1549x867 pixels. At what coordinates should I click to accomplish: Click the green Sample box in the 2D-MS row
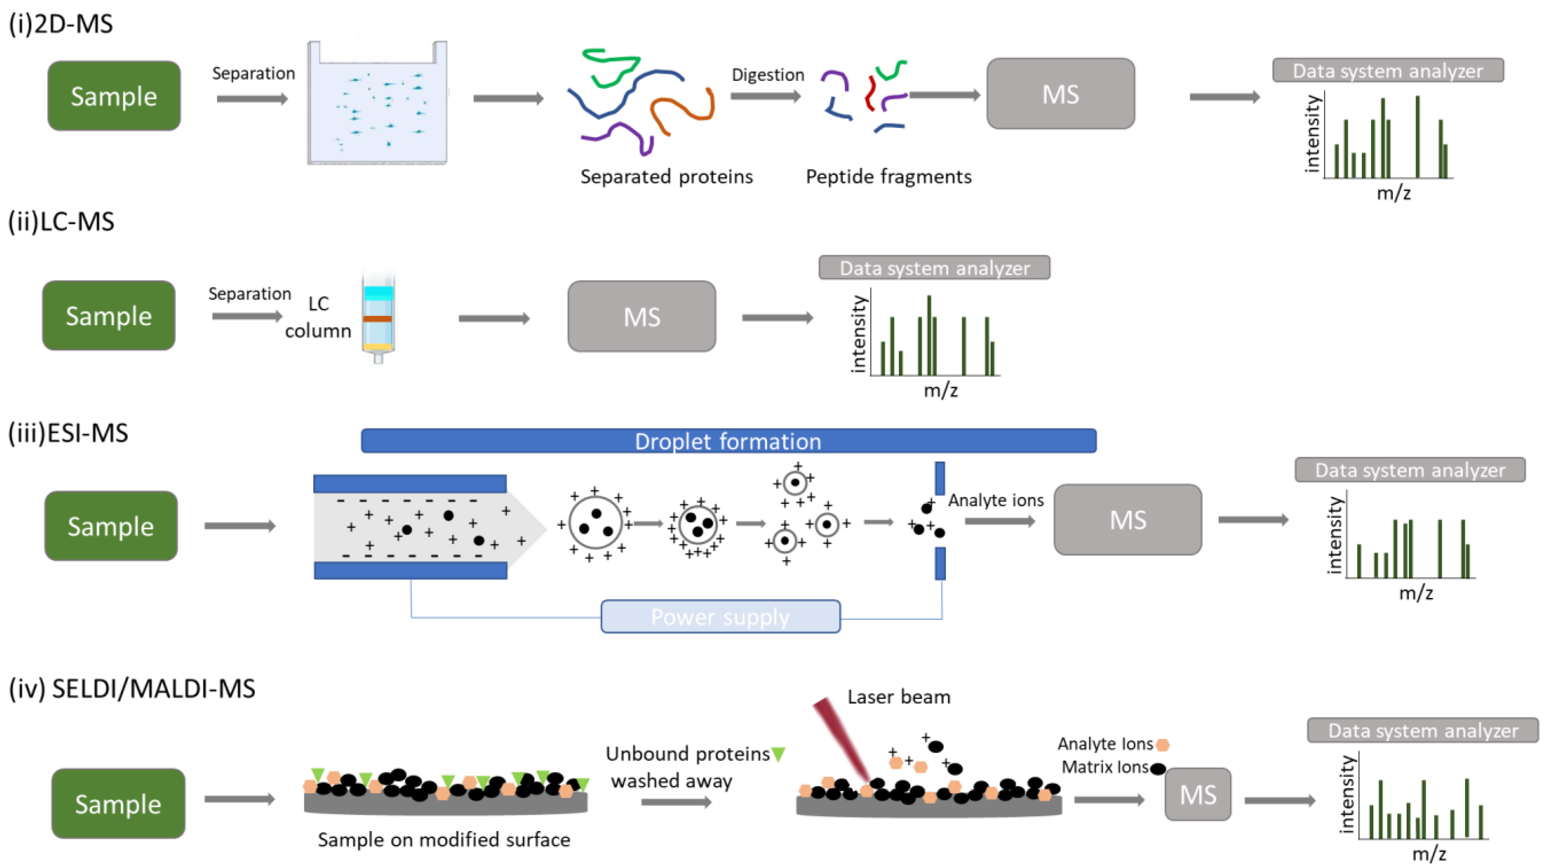pyautogui.click(x=114, y=96)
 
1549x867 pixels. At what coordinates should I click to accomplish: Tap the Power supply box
pyautogui.click(x=720, y=616)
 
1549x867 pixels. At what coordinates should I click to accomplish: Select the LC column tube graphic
pyautogui.click(x=378, y=318)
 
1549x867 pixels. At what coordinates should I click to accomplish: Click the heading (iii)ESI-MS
pyautogui.click(x=68, y=433)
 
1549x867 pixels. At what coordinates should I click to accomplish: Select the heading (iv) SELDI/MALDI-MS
pyautogui.click(x=132, y=688)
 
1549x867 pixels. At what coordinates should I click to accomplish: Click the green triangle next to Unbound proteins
pyautogui.click(x=778, y=753)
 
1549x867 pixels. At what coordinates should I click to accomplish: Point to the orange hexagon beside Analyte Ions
pyautogui.click(x=1163, y=745)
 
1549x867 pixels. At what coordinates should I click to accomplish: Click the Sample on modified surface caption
pyautogui.click(x=444, y=839)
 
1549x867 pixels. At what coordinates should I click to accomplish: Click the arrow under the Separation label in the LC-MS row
pyautogui.click(x=247, y=316)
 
